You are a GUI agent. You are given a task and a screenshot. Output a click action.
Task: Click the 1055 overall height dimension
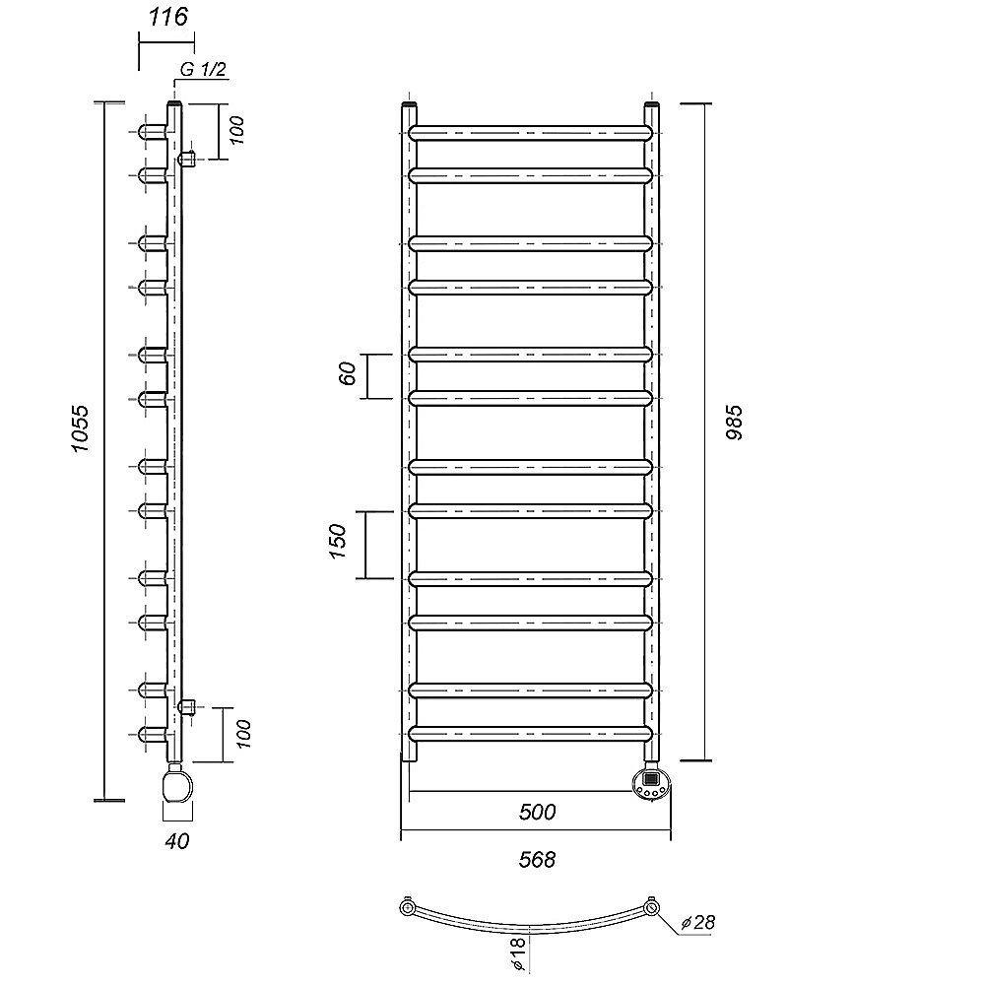coord(81,429)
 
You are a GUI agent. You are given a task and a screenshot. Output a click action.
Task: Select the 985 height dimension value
coord(734,423)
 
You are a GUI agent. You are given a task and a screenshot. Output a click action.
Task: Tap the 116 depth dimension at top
coord(167,17)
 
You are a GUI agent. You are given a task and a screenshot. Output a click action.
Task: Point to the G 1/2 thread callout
coord(203,69)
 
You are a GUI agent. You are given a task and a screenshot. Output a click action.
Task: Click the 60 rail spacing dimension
coord(348,373)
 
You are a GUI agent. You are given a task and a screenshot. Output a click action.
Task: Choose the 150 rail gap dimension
coord(337,541)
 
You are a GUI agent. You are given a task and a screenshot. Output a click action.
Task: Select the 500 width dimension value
coord(537,813)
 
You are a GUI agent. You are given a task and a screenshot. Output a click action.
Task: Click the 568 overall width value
coord(537,859)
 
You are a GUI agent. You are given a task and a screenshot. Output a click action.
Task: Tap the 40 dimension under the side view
coord(176,841)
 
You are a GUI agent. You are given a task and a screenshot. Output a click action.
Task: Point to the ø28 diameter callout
coord(698,922)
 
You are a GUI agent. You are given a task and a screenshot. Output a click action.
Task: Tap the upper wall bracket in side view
coord(188,159)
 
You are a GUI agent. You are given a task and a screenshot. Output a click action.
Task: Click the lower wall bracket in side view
coord(188,707)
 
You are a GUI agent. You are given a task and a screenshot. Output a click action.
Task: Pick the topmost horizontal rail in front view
coord(531,133)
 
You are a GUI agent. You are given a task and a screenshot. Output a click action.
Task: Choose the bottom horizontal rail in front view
coord(531,734)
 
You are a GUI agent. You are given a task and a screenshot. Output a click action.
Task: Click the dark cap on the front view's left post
coord(409,103)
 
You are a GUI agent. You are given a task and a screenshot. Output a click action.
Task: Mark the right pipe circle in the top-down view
coord(652,908)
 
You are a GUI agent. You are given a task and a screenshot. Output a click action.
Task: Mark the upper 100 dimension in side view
coord(236,131)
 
